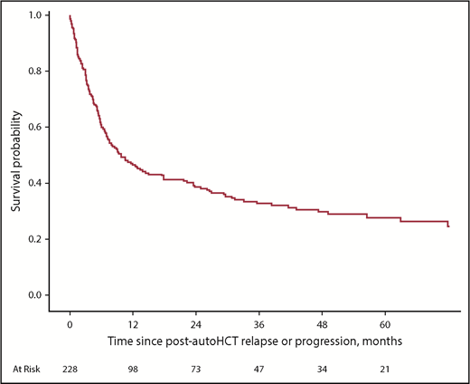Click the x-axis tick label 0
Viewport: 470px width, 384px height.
click(x=70, y=323)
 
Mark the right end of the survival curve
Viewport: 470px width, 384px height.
click(x=448, y=226)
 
